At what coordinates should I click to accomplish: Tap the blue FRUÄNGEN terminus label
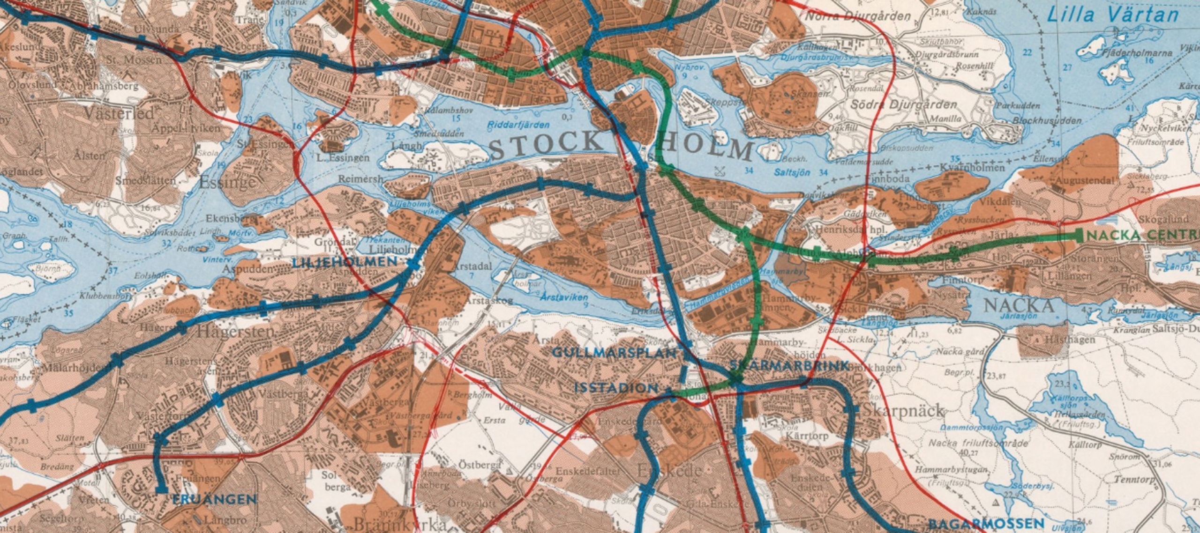coord(214,500)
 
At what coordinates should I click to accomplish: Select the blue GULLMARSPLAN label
coord(614,353)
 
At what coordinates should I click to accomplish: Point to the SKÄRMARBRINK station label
coord(789,366)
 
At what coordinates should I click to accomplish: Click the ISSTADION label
coord(616,388)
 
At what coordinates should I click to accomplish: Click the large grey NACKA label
coord(1019,306)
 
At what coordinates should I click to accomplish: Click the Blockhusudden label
coord(1047,120)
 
